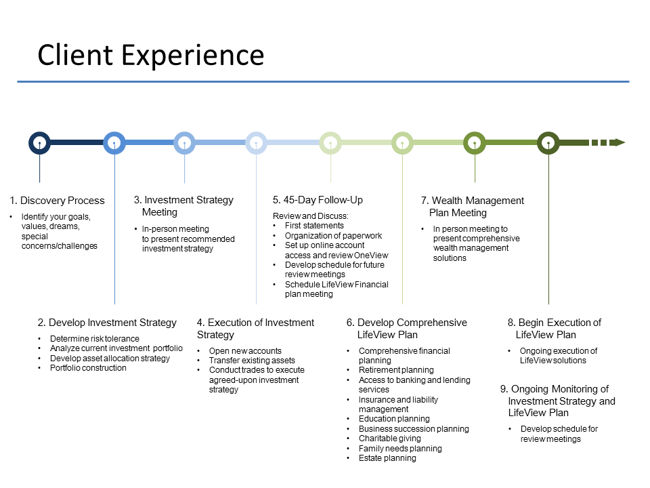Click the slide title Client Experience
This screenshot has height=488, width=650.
150,55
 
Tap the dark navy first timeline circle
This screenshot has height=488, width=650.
40,142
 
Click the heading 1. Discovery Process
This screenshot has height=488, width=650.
58,201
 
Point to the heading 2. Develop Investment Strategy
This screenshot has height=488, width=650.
107,323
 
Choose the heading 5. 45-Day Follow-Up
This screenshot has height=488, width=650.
318,200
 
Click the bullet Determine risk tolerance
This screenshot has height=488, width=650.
94,339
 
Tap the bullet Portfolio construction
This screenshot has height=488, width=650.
88,368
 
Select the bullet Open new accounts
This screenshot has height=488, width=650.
245,351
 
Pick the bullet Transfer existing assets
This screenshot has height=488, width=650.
252,361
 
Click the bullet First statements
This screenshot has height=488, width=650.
314,226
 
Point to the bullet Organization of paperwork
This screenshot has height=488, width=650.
333,236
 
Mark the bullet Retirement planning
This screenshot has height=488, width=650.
396,370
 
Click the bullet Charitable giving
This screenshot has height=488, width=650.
389,439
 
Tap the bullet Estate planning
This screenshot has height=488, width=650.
387,458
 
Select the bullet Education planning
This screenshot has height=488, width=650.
394,419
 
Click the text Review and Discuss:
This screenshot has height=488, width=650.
309,216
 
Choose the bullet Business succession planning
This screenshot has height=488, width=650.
414,429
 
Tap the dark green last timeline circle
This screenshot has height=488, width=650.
548,142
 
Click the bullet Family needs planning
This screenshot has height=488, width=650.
400,449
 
